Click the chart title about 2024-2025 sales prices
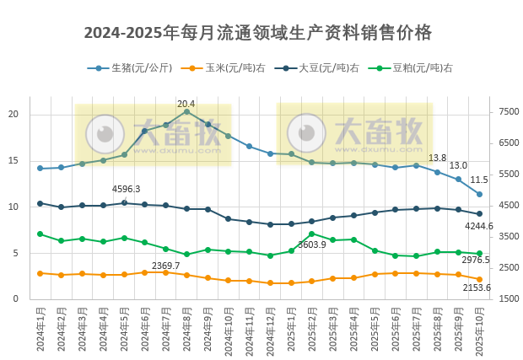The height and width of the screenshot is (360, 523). [258, 33]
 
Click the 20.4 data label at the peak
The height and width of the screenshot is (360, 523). [186, 104]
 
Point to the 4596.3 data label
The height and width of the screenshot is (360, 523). [127, 189]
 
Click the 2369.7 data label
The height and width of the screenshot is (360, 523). [165, 266]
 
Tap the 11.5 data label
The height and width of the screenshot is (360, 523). [479, 180]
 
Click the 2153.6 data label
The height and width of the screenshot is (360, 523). [477, 287]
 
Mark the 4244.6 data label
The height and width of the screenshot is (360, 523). [479, 226]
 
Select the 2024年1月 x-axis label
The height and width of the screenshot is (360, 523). [40, 332]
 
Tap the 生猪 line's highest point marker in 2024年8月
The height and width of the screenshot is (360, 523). [186, 111]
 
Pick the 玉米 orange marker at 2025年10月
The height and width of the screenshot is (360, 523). [479, 279]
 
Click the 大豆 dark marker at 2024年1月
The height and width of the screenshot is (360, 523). [40, 203]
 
